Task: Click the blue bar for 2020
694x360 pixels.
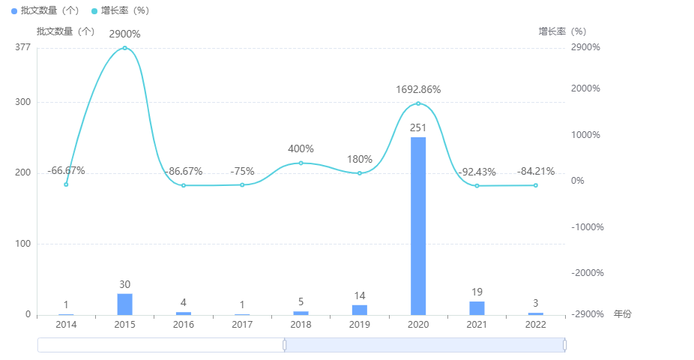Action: coord(418,225)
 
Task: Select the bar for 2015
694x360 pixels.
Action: coord(124,304)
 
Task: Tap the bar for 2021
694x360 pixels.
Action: coord(477,307)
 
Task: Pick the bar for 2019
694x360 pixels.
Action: coord(360,310)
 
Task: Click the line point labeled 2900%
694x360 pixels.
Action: coord(124,48)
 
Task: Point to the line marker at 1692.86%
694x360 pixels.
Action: coord(418,103)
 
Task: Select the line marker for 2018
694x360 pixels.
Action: coord(301,163)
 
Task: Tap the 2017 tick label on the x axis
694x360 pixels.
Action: coord(242,325)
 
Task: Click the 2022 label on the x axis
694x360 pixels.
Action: coord(535,325)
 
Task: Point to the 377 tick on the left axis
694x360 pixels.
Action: coord(22,48)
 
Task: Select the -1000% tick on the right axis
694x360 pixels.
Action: coord(588,227)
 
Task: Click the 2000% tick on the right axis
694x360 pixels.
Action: coord(586,88)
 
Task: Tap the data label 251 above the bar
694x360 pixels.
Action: coord(418,127)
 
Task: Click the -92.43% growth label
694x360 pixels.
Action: coord(477,172)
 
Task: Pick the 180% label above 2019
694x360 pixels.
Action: coord(360,159)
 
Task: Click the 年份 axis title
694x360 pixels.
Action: coord(622,314)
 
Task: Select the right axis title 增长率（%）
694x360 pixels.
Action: coord(562,31)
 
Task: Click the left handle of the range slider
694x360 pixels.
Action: coord(285,345)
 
